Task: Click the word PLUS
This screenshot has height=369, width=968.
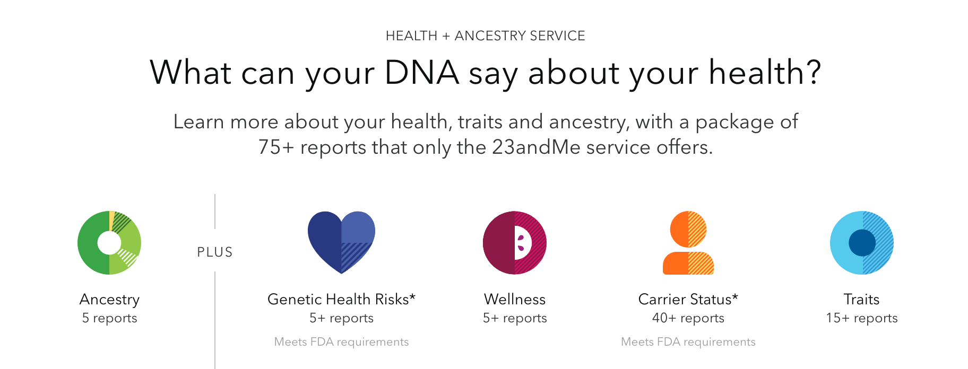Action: (215, 252)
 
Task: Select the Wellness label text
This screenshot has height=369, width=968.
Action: (515, 299)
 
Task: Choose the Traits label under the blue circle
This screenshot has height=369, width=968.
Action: (862, 299)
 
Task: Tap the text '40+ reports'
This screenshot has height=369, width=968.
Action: (688, 318)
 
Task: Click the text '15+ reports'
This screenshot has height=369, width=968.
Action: (862, 318)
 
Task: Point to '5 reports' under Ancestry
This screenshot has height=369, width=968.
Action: (109, 318)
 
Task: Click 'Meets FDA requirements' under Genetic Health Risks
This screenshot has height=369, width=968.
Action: (341, 342)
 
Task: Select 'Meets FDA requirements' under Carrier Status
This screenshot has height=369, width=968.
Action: (688, 342)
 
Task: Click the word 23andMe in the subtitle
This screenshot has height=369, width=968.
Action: (537, 147)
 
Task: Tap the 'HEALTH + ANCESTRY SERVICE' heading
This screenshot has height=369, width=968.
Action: (485, 36)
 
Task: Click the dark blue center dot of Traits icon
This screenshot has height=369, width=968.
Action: (862, 243)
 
